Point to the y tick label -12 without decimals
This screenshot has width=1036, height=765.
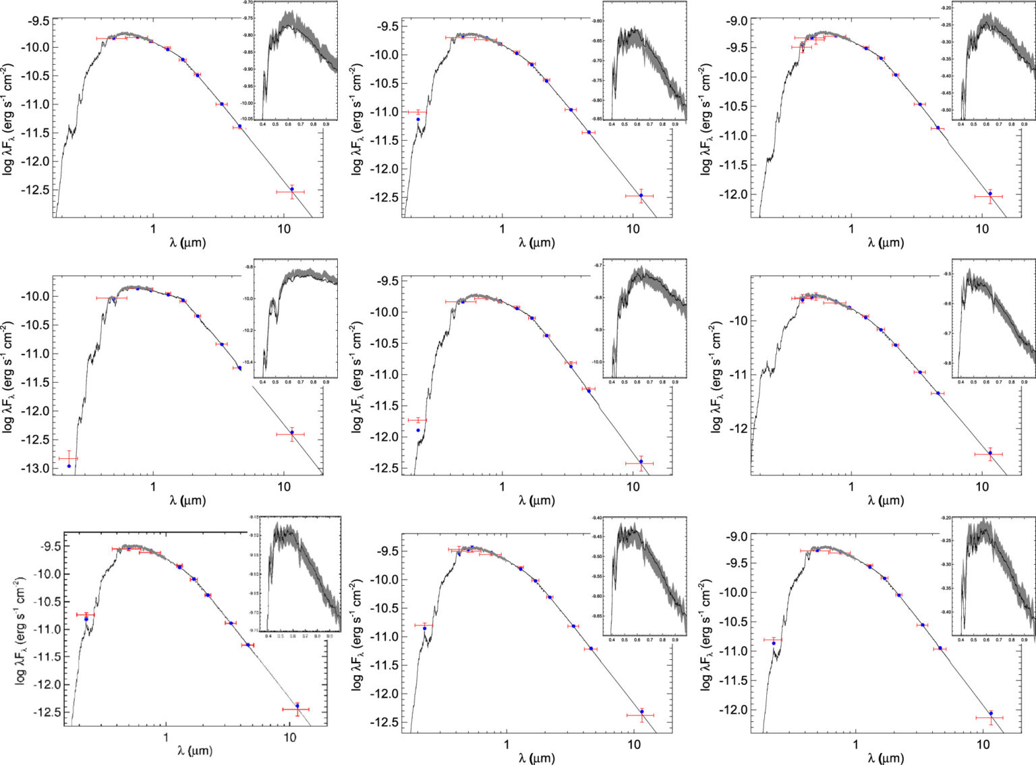tap(735, 429)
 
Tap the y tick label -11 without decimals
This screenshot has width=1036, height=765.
tap(735, 375)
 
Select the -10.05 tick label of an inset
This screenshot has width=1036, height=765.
tap(248, 119)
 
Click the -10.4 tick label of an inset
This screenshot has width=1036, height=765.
tap(249, 362)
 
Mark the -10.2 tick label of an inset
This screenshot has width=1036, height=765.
tap(249, 330)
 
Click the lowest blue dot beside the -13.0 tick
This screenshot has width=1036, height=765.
tap(69, 466)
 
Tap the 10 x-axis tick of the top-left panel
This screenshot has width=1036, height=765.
tap(284, 229)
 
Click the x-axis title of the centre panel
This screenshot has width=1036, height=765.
tap(536, 500)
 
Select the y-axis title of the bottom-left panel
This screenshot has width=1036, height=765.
tap(20, 631)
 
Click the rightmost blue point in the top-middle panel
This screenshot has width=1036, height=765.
tap(641, 195)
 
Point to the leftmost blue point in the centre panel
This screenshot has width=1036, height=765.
tap(418, 430)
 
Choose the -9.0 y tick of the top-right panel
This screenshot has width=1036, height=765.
tap(736, 21)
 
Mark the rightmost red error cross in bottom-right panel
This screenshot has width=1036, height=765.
tap(989, 718)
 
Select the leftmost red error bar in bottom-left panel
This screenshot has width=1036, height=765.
tap(85, 615)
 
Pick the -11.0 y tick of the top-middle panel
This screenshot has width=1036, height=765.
tap(382, 112)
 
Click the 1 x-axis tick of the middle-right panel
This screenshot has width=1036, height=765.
tap(851, 487)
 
